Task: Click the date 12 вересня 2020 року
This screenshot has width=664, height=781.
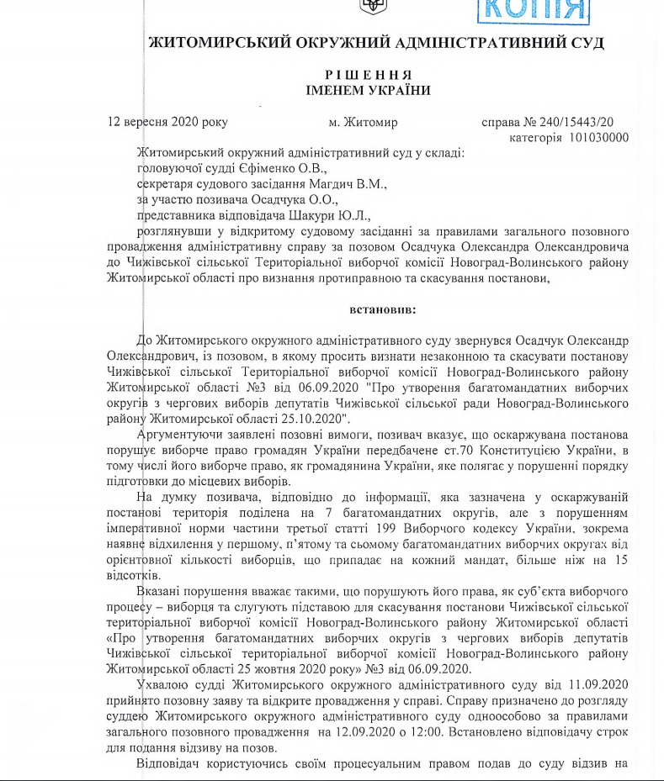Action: (168, 122)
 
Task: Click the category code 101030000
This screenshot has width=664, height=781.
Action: (598, 137)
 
